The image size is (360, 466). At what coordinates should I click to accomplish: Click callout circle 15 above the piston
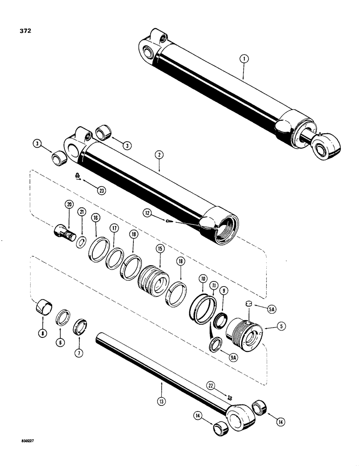159,250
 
